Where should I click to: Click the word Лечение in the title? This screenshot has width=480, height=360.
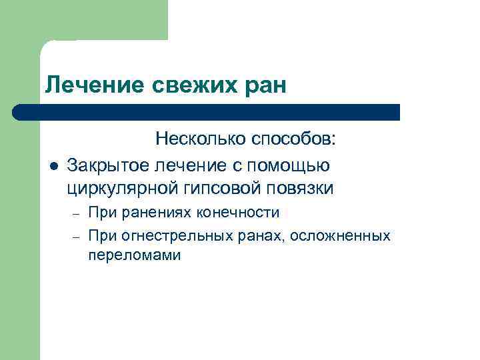pos(85,85)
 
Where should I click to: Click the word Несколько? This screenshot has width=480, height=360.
pos(201,139)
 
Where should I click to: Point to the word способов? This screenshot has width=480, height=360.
pos(295,139)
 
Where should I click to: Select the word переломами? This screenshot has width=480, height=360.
pos(134,255)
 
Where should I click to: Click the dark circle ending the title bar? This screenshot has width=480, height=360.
pos(19,112)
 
